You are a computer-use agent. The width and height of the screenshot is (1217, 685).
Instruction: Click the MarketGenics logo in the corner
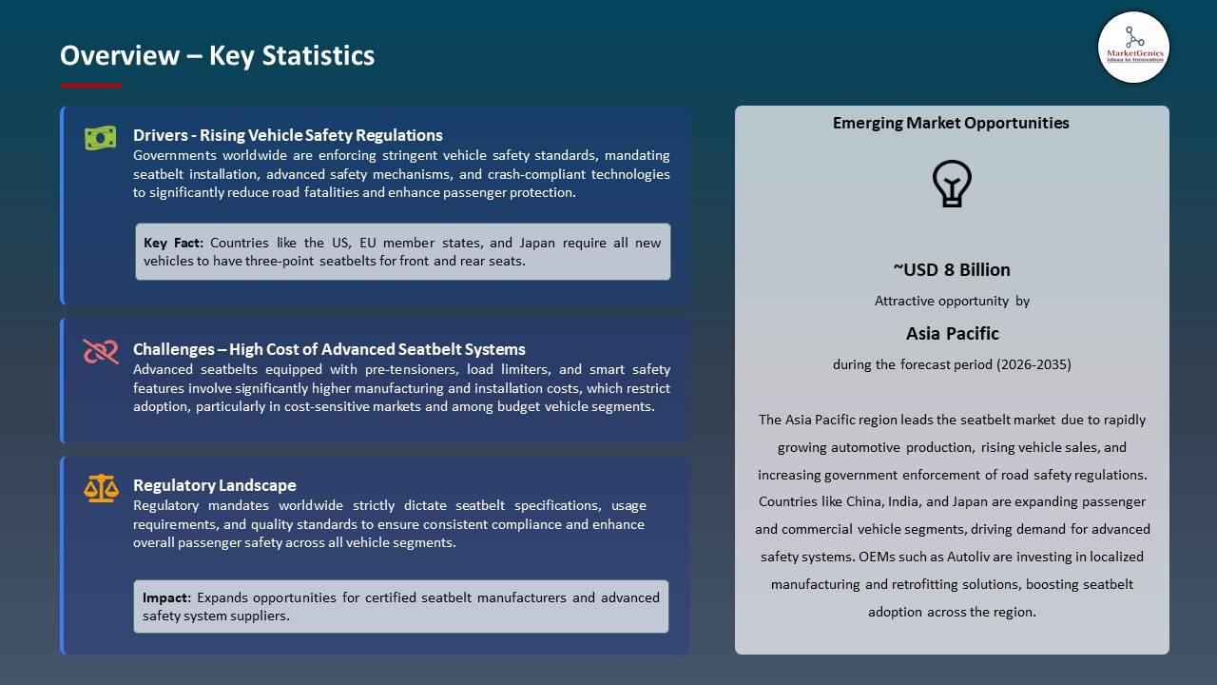(1133, 47)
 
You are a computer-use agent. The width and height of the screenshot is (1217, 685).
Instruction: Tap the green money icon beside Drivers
(100, 138)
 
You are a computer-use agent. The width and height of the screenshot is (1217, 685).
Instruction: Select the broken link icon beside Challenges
(100, 352)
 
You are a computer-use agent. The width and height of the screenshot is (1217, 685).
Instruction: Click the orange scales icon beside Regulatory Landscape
(100, 489)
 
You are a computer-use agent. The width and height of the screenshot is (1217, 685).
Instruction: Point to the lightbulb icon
(952, 184)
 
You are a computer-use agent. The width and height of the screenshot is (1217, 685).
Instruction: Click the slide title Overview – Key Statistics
(217, 56)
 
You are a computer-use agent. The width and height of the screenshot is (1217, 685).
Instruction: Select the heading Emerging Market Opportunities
(951, 123)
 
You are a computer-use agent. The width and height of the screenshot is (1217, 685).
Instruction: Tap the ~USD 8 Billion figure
(951, 269)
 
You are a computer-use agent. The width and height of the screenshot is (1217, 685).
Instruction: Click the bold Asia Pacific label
(952, 333)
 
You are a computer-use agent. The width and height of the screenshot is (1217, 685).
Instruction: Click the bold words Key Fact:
(173, 243)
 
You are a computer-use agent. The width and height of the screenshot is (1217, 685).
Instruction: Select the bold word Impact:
(166, 597)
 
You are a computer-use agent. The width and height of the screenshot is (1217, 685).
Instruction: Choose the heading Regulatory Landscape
(215, 485)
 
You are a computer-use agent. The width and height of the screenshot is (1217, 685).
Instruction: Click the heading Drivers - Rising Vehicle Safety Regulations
(288, 135)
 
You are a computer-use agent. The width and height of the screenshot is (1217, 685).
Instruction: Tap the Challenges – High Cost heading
(329, 349)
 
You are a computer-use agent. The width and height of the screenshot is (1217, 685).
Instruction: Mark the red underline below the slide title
(91, 86)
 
